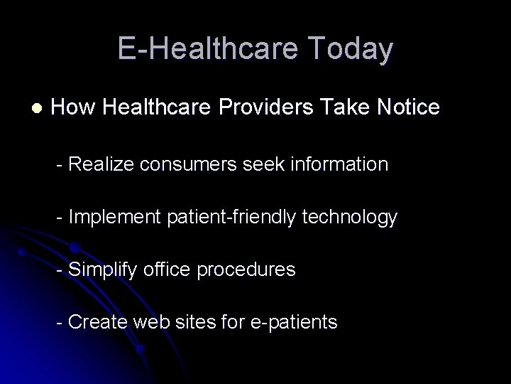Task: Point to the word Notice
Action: tap(409, 108)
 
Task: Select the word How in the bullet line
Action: tap(73, 108)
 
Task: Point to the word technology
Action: tap(351, 218)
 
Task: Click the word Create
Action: tap(98, 323)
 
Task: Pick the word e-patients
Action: tap(295, 323)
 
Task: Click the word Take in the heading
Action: tap(346, 108)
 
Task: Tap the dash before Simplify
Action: tap(61, 270)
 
